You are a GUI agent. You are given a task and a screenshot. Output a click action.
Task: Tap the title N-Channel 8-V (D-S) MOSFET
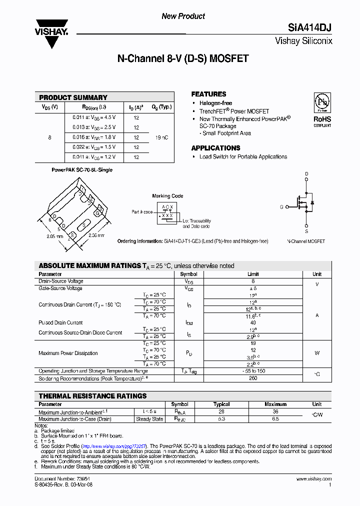click(x=182, y=58)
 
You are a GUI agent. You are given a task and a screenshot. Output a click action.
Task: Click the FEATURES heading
click(x=208, y=94)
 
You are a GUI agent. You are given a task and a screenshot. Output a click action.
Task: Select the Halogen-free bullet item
click(x=215, y=103)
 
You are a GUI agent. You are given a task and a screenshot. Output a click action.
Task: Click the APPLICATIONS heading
click(x=215, y=148)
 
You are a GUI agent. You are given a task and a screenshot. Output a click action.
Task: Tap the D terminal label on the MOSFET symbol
click(x=306, y=174)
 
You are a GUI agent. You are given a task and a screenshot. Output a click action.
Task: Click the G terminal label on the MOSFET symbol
click(x=281, y=206)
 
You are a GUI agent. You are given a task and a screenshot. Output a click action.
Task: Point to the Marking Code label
click(x=167, y=196)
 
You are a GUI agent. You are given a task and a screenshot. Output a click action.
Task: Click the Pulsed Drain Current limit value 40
click(x=253, y=322)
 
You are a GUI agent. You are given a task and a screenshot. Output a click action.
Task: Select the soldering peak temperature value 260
click(x=253, y=378)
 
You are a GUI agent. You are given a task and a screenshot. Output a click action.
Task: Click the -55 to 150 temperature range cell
click(x=253, y=371)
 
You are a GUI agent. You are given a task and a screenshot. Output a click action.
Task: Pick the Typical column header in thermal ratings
click(x=221, y=404)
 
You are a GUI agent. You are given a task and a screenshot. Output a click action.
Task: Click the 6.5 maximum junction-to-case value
click(x=275, y=419)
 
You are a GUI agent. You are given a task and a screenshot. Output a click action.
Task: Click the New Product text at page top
click(x=183, y=16)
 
